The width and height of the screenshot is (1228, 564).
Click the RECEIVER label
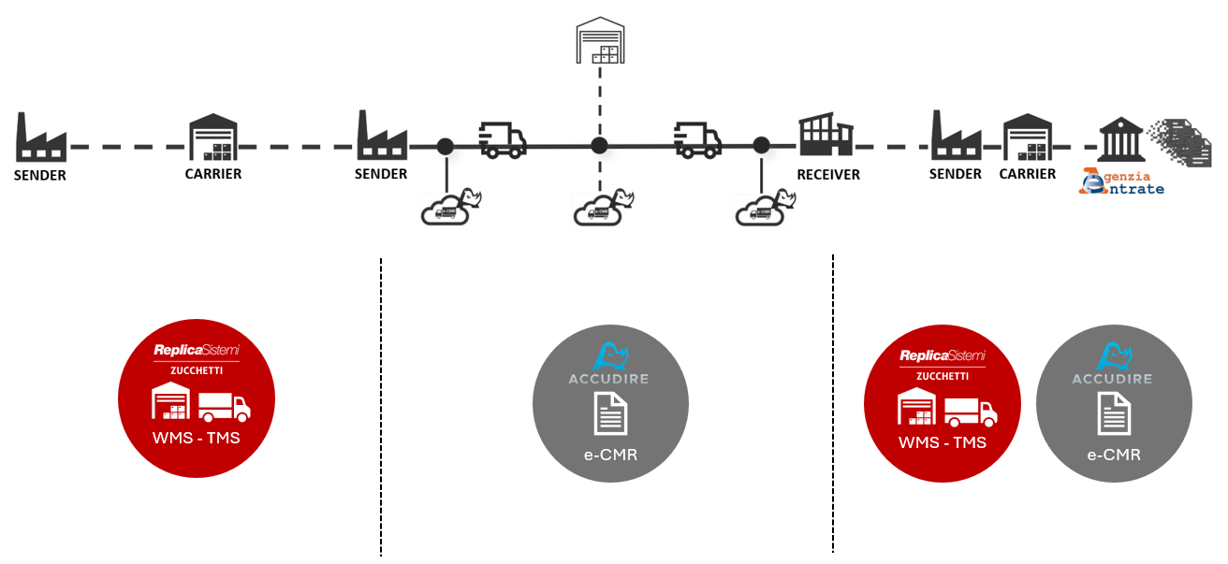tap(827, 174)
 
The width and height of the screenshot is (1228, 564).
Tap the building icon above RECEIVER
tap(827, 137)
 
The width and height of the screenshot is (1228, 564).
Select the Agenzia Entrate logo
tap(1122, 181)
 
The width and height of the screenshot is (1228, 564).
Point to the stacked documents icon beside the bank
tap(1181, 142)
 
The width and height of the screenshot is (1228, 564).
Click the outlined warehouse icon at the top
tap(599, 38)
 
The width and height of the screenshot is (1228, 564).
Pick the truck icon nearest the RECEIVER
tap(698, 138)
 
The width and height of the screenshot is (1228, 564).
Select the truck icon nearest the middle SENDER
tap(503, 138)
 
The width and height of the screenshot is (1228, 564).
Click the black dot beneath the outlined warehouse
tap(599, 146)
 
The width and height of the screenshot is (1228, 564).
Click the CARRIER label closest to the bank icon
tap(1027, 174)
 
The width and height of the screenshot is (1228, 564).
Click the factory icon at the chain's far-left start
tap(40, 137)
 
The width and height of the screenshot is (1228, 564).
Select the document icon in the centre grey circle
tap(610, 413)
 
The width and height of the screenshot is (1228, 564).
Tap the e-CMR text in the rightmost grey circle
tap(1114, 456)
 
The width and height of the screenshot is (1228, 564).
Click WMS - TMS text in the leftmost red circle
tap(197, 437)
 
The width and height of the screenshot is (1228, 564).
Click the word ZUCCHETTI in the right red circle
tap(942, 375)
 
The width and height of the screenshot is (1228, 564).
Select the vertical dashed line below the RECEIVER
tap(832, 402)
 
